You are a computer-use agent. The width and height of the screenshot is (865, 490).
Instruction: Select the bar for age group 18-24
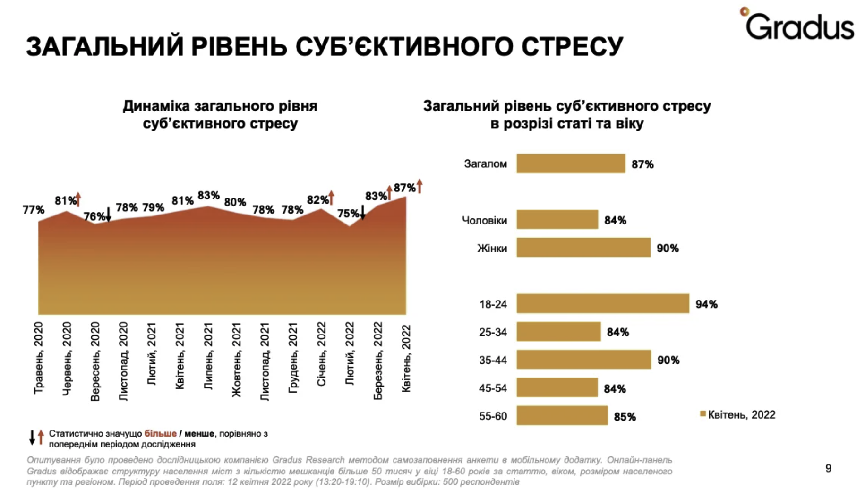click(602, 303)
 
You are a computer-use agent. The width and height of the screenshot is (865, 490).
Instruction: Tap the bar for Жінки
click(583, 248)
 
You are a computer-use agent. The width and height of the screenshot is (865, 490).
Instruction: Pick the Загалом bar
click(571, 163)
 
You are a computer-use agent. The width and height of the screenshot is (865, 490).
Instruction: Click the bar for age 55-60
click(562, 416)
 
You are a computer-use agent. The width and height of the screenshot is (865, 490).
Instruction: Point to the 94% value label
click(706, 304)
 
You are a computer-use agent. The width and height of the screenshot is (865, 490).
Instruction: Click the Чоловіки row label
click(484, 220)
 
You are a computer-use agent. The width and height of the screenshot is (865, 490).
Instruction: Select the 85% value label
click(625, 417)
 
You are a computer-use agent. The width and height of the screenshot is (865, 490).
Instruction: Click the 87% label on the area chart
click(404, 188)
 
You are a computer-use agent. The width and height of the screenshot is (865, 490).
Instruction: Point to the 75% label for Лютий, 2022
click(348, 214)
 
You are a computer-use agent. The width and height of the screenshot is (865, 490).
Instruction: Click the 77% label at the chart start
click(34, 209)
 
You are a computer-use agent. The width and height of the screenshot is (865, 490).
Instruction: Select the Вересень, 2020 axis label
click(95, 361)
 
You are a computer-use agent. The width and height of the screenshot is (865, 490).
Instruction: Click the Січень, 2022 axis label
click(321, 354)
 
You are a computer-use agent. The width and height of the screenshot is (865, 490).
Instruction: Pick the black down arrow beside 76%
click(108, 215)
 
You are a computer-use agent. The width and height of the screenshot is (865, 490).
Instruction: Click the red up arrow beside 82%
click(332, 198)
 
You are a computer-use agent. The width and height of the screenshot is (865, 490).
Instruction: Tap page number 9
click(828, 468)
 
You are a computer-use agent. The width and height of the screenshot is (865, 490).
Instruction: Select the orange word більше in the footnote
click(160, 433)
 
